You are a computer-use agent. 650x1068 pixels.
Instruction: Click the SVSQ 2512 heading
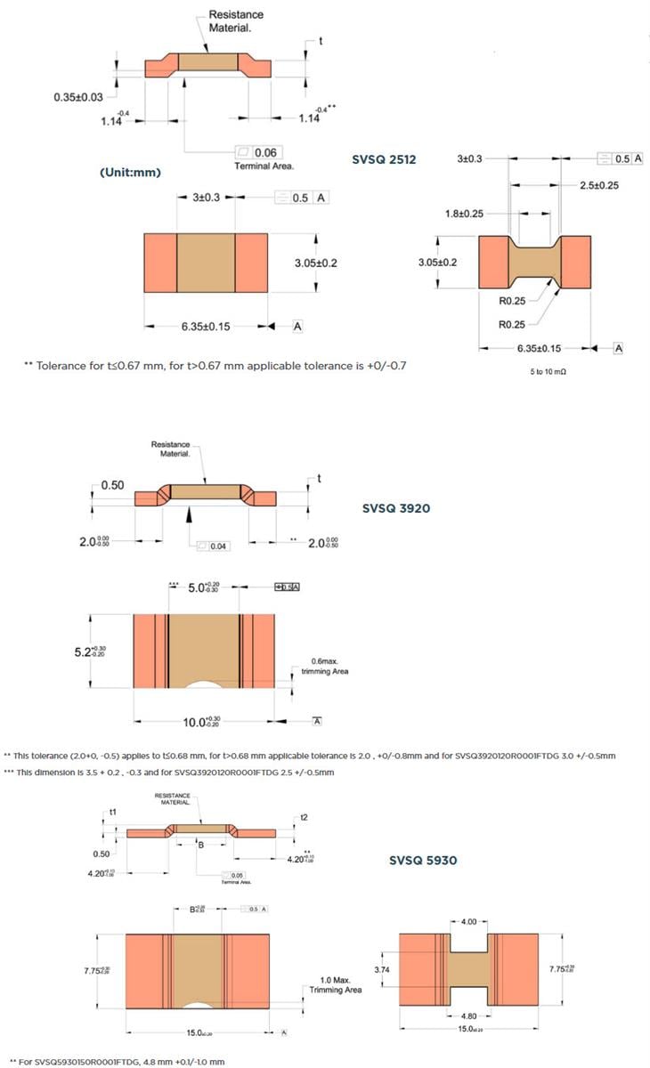tap(385, 160)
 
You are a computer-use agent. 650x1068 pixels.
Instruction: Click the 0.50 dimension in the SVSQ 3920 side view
tap(112, 485)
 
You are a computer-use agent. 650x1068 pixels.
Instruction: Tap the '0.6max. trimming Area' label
tap(329, 666)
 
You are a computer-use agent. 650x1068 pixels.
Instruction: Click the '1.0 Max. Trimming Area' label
tap(335, 983)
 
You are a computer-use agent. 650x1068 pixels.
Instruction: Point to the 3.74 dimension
tap(380, 968)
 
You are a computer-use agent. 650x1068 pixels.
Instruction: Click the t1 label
tap(113, 813)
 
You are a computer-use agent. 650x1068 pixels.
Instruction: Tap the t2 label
tap(304, 817)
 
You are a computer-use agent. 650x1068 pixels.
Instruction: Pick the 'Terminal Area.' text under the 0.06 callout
tap(264, 166)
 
